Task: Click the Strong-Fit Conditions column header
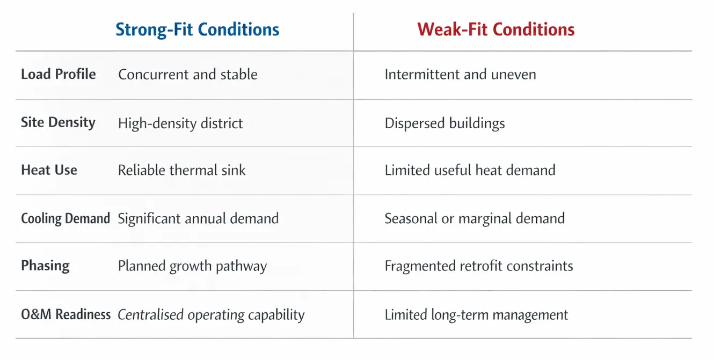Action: tap(198, 29)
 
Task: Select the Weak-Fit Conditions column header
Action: tap(496, 29)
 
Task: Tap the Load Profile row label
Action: tap(59, 74)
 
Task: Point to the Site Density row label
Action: tap(58, 122)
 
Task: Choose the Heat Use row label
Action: tap(49, 170)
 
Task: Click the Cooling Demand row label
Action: tap(65, 218)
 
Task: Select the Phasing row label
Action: tap(45, 266)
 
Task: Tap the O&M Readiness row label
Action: tap(65, 314)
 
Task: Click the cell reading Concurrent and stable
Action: tap(187, 74)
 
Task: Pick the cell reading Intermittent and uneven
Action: tap(460, 74)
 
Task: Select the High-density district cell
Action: tap(180, 123)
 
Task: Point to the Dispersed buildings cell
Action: tap(445, 123)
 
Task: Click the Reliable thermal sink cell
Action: tap(181, 171)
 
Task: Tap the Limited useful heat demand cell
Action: tap(470, 171)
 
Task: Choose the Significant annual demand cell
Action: tap(198, 218)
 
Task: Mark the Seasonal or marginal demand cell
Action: tap(475, 218)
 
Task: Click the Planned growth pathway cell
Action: tap(192, 266)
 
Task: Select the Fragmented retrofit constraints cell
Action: tap(478, 266)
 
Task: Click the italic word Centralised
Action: tap(150, 315)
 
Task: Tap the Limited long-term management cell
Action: tap(476, 315)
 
